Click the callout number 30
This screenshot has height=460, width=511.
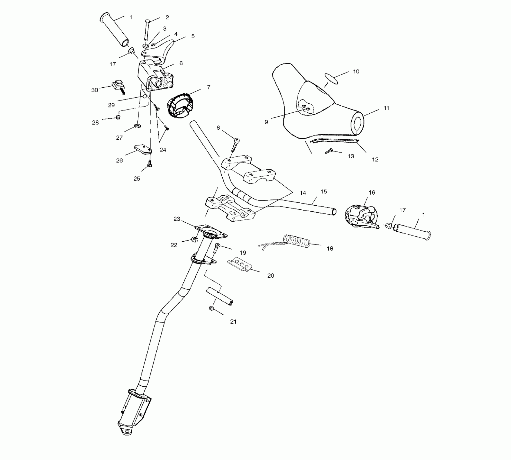[94, 90]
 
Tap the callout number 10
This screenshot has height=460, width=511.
[356, 71]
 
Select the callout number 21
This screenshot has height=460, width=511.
[233, 321]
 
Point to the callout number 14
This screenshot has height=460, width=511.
[303, 193]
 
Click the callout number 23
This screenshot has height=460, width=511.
[177, 219]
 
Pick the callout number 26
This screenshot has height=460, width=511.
[119, 160]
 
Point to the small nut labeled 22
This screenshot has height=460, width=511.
[194, 239]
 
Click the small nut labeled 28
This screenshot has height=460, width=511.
[118, 117]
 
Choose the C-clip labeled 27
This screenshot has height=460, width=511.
[137, 126]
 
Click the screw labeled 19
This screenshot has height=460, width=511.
[216, 247]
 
